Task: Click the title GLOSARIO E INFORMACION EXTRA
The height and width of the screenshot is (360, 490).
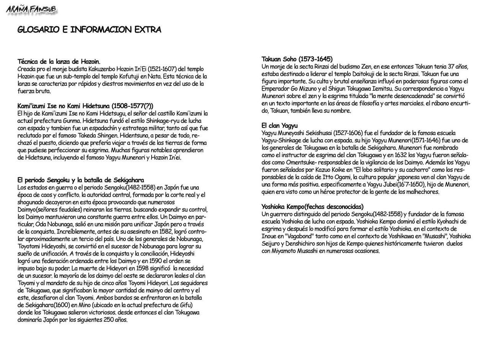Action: pyautogui.click(x=89, y=30)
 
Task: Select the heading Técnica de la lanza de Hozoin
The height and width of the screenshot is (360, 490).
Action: pyautogui.click(x=59, y=61)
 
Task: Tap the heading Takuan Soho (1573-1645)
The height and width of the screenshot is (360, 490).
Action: pyautogui.click(x=297, y=59)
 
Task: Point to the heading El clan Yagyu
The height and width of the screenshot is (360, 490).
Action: pyautogui.click(x=279, y=125)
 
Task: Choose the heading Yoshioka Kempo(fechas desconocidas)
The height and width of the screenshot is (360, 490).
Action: pyautogui.click(x=312, y=207)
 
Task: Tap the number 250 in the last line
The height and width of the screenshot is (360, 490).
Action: pyautogui.click(x=109, y=320)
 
